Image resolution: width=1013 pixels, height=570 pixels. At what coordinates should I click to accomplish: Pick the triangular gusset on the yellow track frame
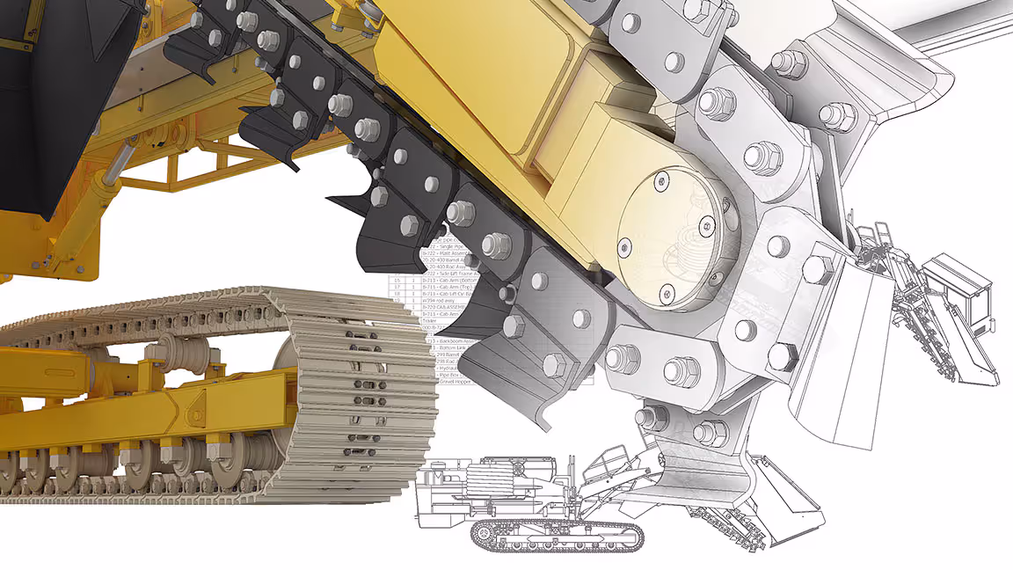[190, 405]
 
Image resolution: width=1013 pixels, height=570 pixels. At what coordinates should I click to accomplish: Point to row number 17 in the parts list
[397, 287]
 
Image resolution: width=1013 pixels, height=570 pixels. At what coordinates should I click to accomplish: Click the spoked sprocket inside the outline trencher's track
[482, 533]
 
